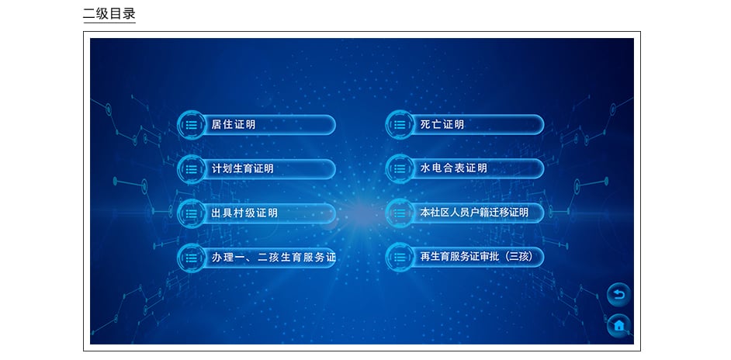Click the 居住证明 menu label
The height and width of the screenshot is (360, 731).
pos(233,124)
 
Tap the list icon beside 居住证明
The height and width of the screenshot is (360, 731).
pos(191,124)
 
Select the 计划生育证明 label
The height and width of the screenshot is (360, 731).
pos(242,169)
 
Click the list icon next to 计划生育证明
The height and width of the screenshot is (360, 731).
pos(191,169)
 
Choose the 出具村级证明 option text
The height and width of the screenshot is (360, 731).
pos(244,213)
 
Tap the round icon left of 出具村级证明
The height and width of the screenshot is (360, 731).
pos(191,213)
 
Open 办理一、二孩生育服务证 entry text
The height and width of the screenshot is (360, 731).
pos(273,258)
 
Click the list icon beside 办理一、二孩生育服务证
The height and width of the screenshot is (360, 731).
pos(191,258)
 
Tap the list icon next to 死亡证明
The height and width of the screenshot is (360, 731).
pos(400,124)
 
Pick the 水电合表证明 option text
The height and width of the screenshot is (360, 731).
pos(453,168)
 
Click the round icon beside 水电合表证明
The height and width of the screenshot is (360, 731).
pos(400,168)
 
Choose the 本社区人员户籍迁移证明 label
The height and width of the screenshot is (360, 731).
pos(474,213)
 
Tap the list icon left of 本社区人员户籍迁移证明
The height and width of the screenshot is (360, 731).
pos(400,213)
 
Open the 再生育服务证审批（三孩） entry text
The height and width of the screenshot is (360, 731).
pos(476,257)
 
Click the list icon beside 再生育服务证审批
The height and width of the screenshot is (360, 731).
pos(400,257)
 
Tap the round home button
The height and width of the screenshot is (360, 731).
pos(618,325)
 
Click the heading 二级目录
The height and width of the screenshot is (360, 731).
pos(109,13)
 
